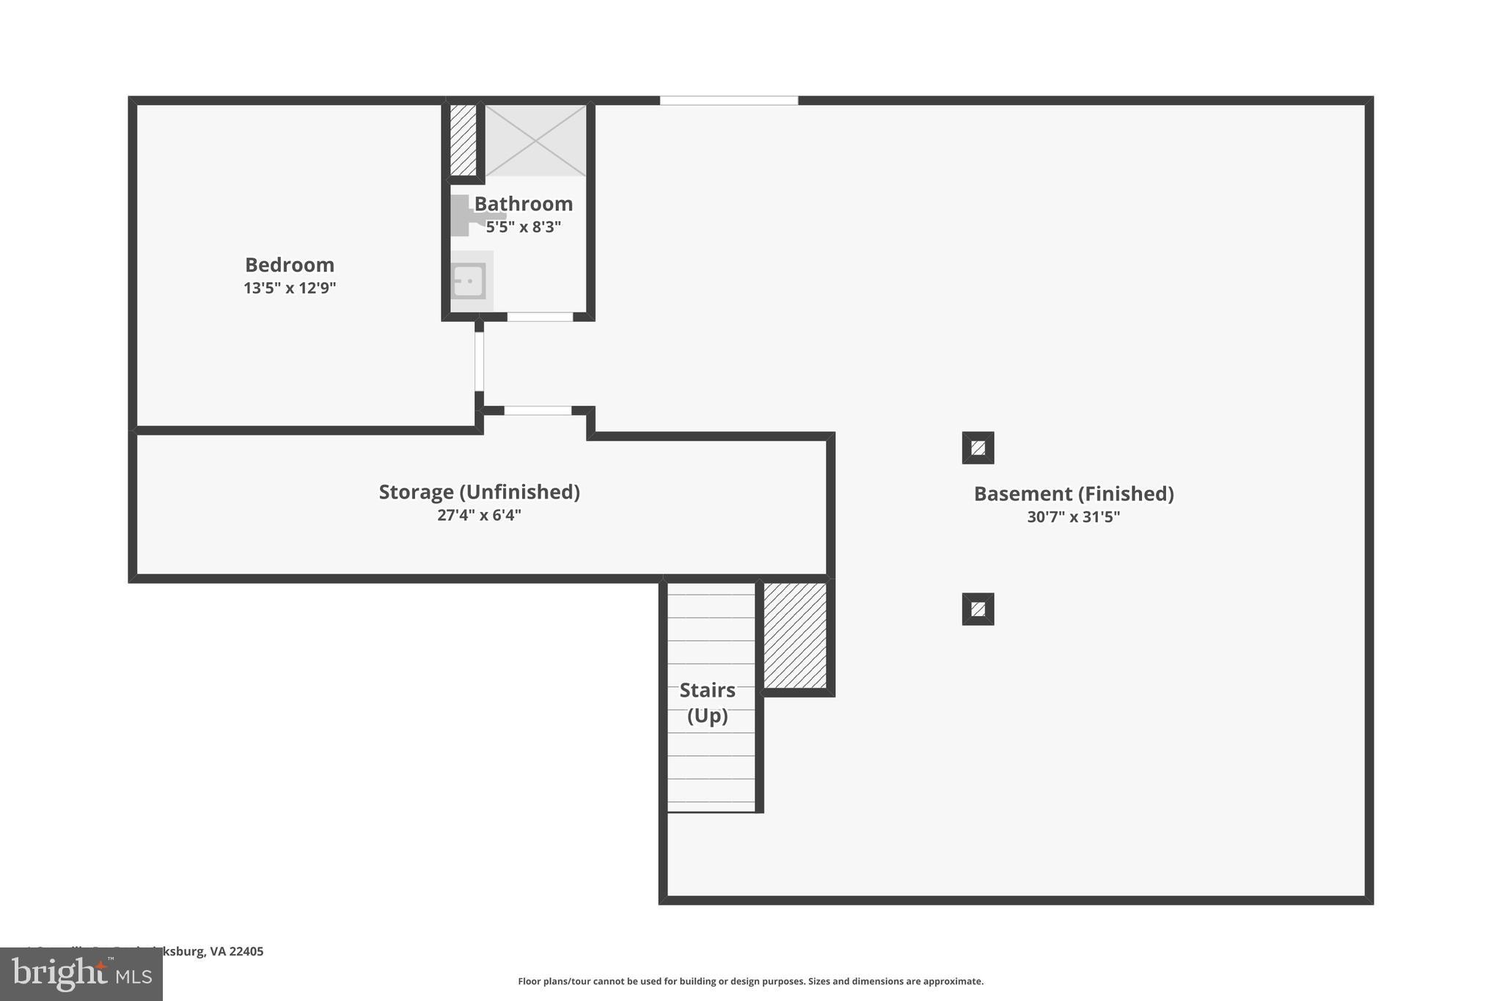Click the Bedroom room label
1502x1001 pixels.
[290, 265]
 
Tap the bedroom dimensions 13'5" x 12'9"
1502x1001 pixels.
[290, 287]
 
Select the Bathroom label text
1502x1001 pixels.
[523, 204]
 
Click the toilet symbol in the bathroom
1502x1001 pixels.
[469, 216]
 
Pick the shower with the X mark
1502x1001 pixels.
[535, 140]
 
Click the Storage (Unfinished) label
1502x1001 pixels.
[479, 492]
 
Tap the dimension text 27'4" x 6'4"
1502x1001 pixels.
[479, 515]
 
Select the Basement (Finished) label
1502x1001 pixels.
[1074, 494]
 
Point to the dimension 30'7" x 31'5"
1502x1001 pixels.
[1074, 517]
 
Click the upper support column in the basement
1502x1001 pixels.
[978, 447]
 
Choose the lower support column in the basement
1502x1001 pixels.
[978, 609]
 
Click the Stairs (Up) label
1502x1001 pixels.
[708, 703]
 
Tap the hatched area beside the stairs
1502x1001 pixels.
[795, 635]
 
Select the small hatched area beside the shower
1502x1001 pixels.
[463, 140]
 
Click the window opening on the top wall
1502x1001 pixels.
[728, 100]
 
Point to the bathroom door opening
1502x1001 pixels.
[540, 317]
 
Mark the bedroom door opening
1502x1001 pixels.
[479, 361]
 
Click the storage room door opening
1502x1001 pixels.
[538, 411]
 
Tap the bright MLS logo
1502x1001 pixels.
[81, 974]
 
